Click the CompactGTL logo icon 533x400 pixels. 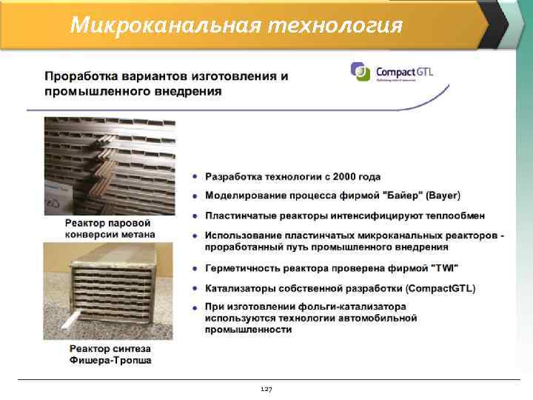pyautogui.click(x=361, y=71)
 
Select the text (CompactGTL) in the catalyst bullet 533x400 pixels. pyautogui.click(x=440, y=287)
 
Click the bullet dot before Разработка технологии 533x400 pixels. pyautogui.click(x=195, y=177)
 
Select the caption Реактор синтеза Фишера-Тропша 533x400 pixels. pyautogui.click(x=109, y=354)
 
